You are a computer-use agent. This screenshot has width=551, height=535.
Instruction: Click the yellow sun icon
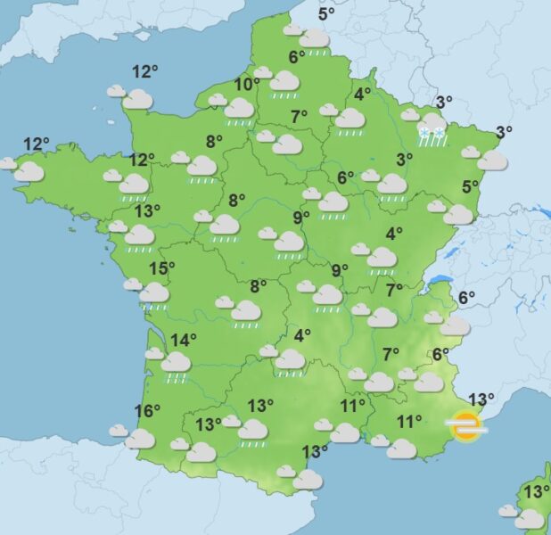tap(466, 426)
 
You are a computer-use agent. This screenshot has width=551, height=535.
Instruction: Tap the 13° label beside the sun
tap(481, 400)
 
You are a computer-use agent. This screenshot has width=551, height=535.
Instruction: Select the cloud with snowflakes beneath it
tap(432, 123)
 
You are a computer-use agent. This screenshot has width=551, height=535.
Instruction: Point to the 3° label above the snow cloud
tap(444, 102)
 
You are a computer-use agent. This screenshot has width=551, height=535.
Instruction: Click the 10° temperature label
tap(247, 85)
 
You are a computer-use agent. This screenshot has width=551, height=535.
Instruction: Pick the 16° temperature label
tap(147, 411)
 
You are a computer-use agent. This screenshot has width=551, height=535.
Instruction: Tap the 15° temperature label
tap(161, 268)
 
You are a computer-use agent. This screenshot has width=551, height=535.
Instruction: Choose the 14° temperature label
tap(183, 340)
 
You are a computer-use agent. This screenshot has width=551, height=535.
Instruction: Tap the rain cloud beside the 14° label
tap(175, 362)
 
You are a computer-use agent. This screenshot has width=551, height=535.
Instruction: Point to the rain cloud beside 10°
tap(238, 109)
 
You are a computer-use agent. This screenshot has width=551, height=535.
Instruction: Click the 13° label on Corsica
tap(537, 492)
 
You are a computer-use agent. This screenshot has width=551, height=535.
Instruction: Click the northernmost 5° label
tap(326, 12)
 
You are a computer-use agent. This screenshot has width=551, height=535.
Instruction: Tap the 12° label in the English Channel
tap(144, 72)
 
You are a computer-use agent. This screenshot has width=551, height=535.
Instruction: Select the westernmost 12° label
tap(36, 144)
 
